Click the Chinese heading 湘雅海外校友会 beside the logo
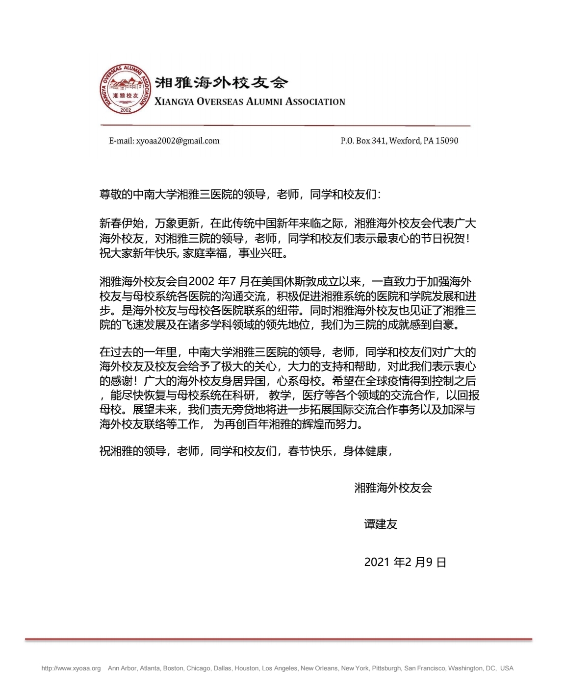tap(221, 82)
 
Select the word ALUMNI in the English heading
tap(264, 102)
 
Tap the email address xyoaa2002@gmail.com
tap(178, 141)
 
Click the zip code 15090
tap(447, 141)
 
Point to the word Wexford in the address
tap(405, 141)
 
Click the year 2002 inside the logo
tap(126, 110)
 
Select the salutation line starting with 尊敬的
tap(240, 195)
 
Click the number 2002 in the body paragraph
tap(202, 282)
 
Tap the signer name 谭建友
tap(381, 524)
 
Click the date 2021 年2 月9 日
tap(405, 563)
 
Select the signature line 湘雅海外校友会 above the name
tap(393, 488)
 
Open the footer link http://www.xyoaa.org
tap(71, 668)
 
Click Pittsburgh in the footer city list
tap(386, 668)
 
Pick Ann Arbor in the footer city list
tap(122, 668)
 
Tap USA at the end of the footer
tap(507, 668)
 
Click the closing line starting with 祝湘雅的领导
tap(246, 451)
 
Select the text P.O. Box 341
tap(363, 141)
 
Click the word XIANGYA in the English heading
tap(174, 102)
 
